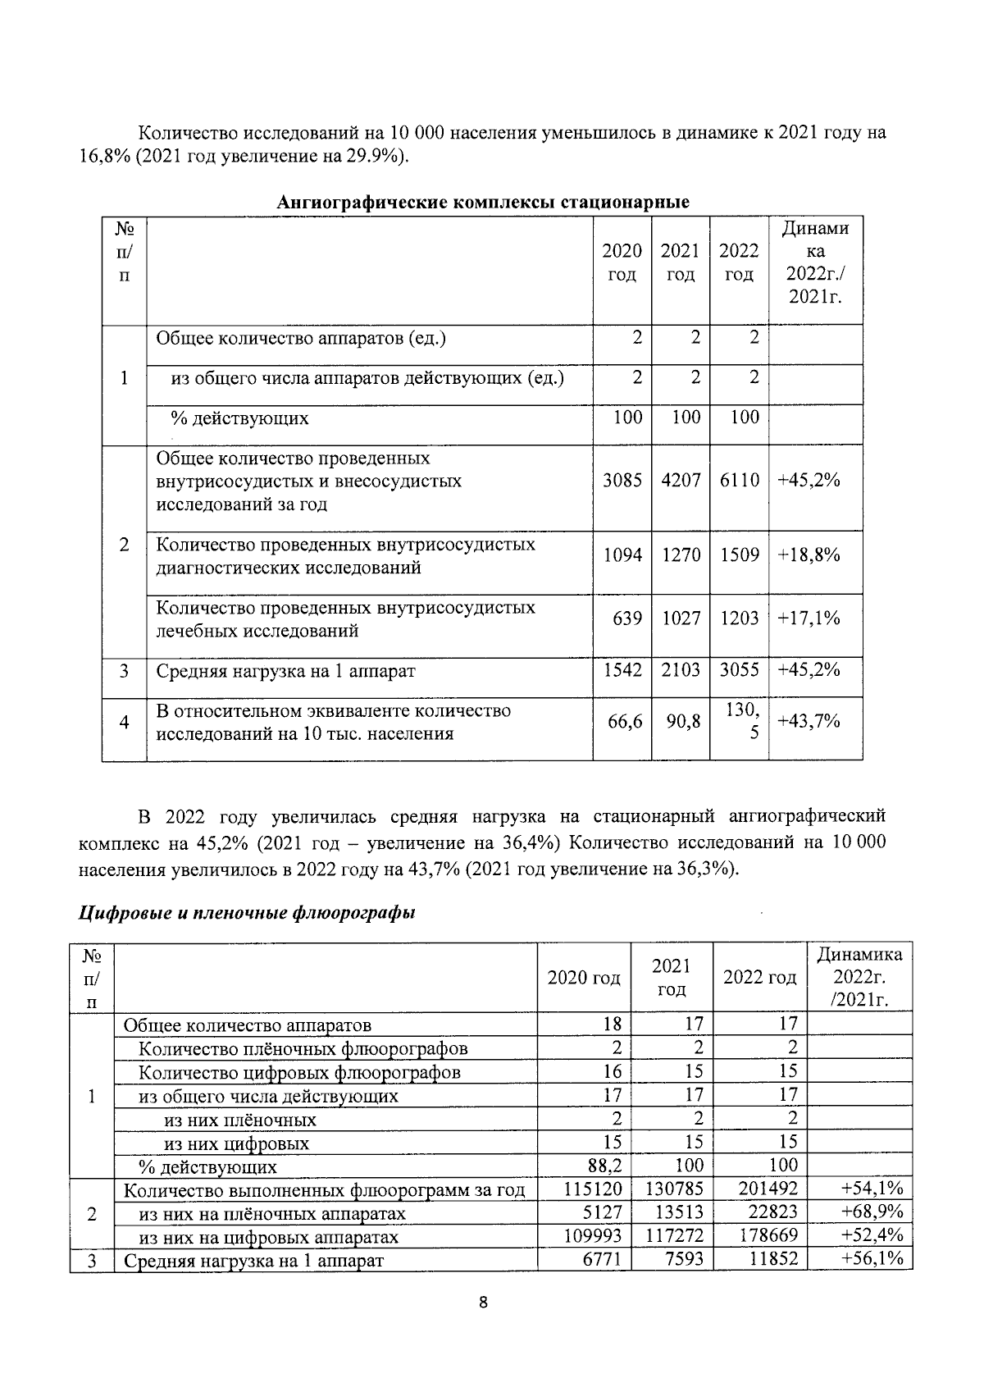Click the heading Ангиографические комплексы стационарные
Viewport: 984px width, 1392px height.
click(x=482, y=202)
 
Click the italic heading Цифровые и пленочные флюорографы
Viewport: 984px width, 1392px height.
click(x=247, y=913)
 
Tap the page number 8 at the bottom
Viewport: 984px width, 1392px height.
click(x=483, y=1326)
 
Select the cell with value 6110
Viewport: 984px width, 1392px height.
click(x=739, y=481)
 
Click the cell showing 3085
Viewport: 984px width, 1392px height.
click(x=622, y=481)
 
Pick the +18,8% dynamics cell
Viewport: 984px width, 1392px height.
click(x=809, y=555)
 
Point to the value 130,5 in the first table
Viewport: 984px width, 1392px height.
click(x=743, y=722)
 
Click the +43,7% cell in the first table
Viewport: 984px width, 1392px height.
click(x=809, y=721)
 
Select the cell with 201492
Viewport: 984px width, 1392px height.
click(x=768, y=1189)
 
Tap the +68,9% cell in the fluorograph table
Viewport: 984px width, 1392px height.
click(x=872, y=1212)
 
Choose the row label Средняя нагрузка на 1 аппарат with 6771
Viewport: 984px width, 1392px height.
click(x=253, y=1261)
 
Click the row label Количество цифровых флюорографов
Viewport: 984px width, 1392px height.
click(x=299, y=1072)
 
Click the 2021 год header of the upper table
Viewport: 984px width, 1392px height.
click(x=680, y=262)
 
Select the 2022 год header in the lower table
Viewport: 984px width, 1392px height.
click(x=759, y=978)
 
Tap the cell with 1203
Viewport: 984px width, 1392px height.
click(x=739, y=618)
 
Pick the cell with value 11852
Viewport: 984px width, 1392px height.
click(x=773, y=1259)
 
